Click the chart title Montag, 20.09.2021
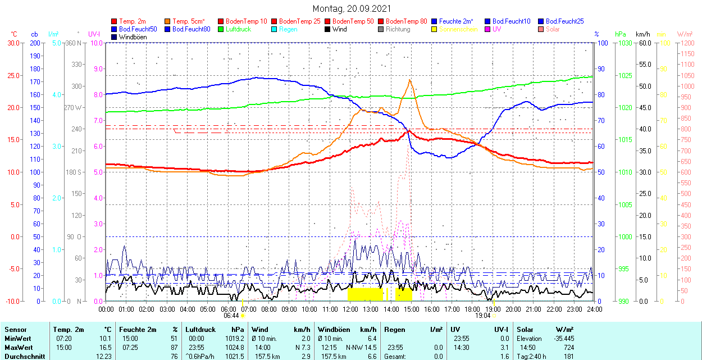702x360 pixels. pos(352,9)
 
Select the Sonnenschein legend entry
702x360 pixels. pos(458,29)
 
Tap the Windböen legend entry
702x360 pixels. pos(131,37)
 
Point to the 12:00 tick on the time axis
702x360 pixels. pos(350,309)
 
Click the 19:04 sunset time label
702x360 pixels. pos(483,316)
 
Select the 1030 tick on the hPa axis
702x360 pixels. pos(622,43)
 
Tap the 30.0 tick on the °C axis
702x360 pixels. pos(11,43)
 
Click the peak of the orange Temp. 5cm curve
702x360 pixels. pos(410,80)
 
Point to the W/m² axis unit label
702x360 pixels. pos(685,34)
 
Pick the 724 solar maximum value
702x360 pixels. pos(568,347)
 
